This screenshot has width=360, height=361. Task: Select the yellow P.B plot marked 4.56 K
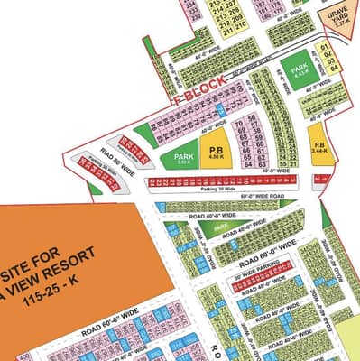coord(217,153)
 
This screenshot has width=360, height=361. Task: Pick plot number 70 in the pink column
coord(238,118)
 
